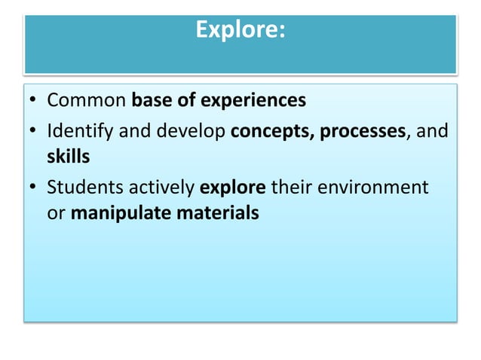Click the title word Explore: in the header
point(240,30)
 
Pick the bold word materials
point(217,213)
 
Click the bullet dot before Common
point(34,101)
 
